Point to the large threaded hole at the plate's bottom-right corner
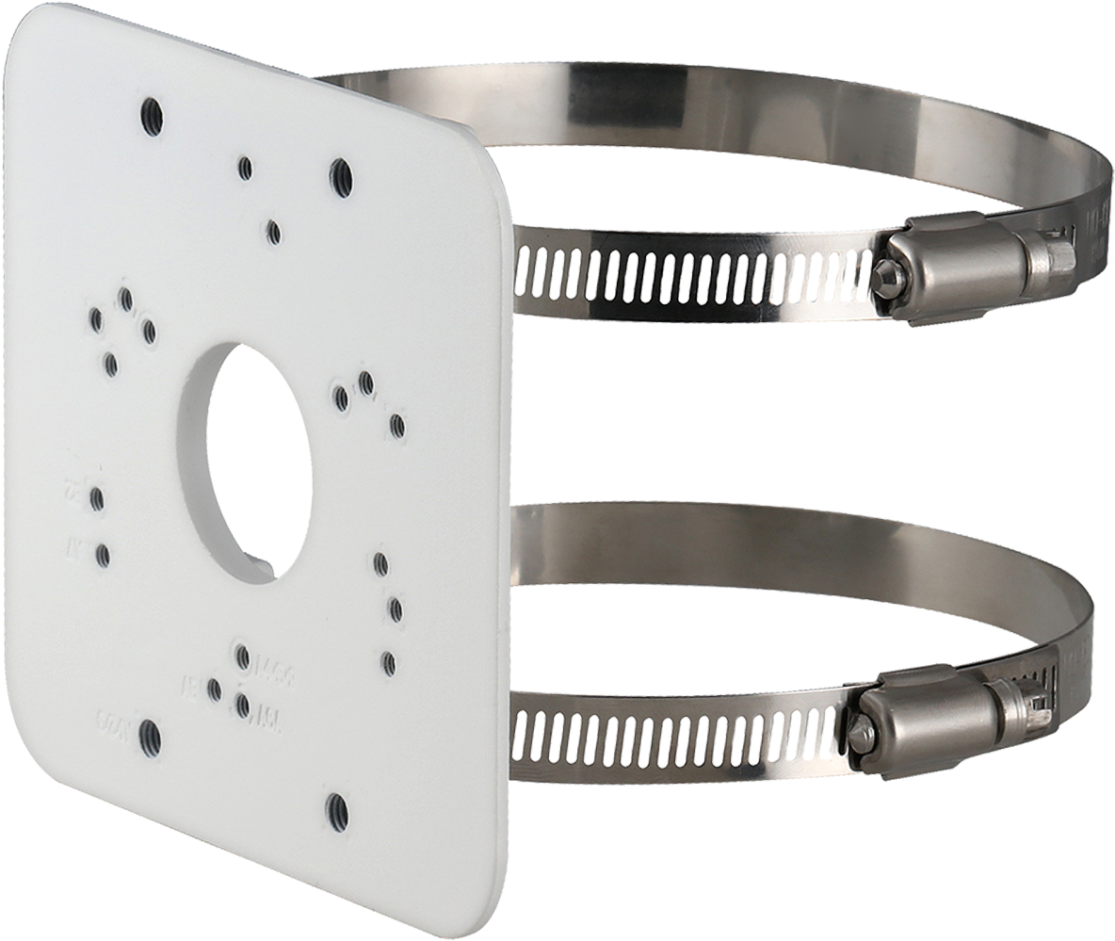click(x=335, y=804)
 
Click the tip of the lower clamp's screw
click(x=859, y=730)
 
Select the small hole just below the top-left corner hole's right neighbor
click(x=273, y=230)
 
